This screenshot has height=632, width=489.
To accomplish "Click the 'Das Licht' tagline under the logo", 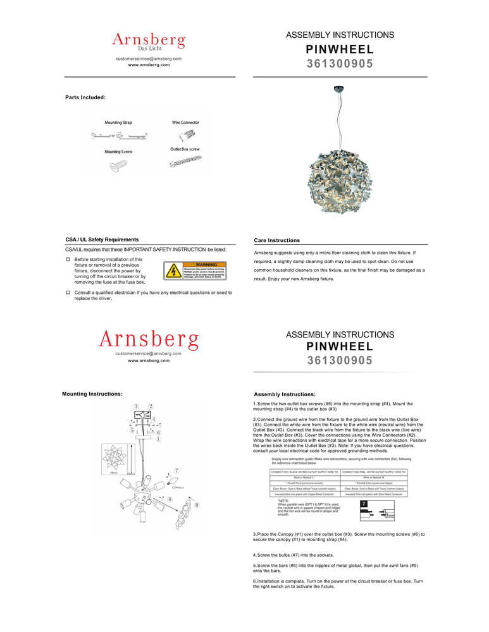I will (149, 49).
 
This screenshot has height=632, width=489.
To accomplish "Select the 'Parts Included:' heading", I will (85, 97).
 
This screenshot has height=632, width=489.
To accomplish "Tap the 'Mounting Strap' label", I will (118, 122).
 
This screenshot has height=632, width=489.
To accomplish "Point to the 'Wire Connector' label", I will (185, 122).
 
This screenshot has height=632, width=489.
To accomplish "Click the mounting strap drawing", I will (120, 135).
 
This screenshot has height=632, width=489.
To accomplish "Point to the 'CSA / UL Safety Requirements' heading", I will (102, 240).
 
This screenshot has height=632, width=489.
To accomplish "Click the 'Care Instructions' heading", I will (276, 240).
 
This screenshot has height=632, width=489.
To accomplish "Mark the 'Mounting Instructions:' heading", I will (92, 394).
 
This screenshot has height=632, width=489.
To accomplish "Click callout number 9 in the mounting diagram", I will (197, 505).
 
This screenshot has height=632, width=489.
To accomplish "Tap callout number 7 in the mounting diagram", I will (176, 471).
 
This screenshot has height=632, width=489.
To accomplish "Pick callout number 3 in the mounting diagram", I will (136, 406).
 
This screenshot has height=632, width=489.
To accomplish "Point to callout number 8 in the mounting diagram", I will (170, 499).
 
